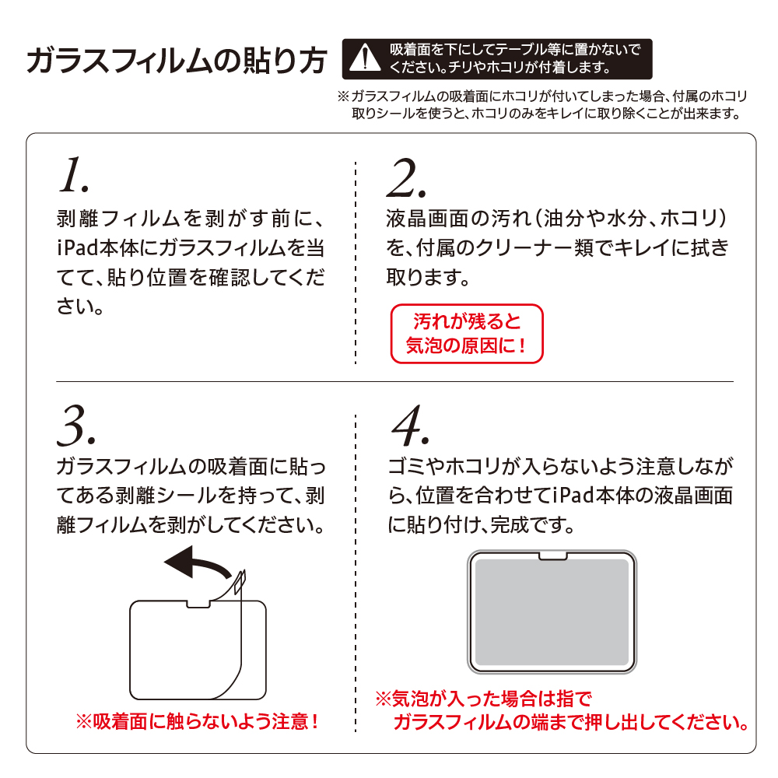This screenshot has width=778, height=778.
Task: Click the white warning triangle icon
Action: (365, 58)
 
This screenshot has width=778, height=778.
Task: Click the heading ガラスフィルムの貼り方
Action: (176, 61)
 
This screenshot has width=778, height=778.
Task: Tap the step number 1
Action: (74, 174)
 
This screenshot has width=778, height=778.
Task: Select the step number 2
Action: (407, 178)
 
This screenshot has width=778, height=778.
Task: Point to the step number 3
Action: (76, 426)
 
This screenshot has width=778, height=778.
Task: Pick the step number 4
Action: (410, 426)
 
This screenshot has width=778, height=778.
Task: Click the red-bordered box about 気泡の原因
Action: (467, 334)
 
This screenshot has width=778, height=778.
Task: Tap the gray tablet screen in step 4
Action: (552, 612)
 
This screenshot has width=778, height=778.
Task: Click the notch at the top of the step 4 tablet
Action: (552, 555)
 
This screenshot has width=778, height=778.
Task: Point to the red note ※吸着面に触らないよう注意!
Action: (197, 721)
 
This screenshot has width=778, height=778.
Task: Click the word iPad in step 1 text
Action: (78, 247)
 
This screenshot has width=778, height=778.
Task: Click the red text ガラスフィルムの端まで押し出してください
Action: (571, 722)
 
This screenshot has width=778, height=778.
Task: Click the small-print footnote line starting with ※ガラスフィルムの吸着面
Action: (541, 96)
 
